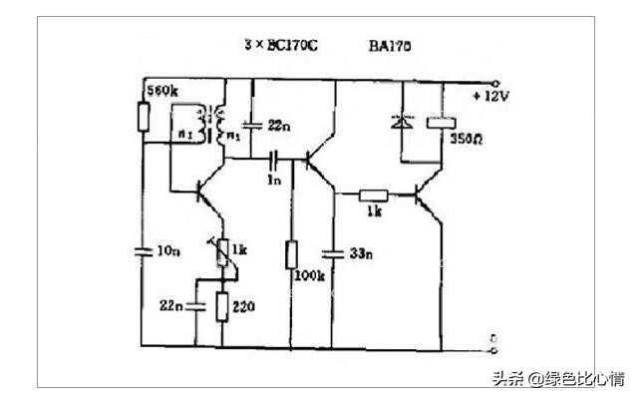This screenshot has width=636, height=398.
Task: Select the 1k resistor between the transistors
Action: pyautogui.click(x=374, y=197)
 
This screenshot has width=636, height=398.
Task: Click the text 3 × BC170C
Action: pyautogui.click(x=281, y=46)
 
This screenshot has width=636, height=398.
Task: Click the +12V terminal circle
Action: pyautogui.click(x=494, y=83)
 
